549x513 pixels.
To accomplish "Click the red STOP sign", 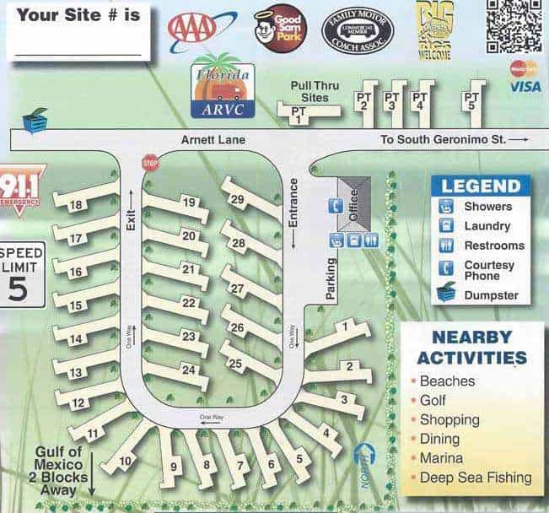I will (150, 162).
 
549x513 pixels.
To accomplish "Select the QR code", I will (514, 24).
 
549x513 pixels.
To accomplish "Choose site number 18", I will (76, 205).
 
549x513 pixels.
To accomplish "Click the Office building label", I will (353, 202).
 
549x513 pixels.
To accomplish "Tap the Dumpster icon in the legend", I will (445, 294).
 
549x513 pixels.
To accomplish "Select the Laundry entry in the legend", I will (487, 226).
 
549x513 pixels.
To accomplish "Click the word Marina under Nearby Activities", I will (441, 458).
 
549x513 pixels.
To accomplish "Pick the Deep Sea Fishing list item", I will (476, 478).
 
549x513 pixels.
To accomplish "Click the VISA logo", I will (525, 87).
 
